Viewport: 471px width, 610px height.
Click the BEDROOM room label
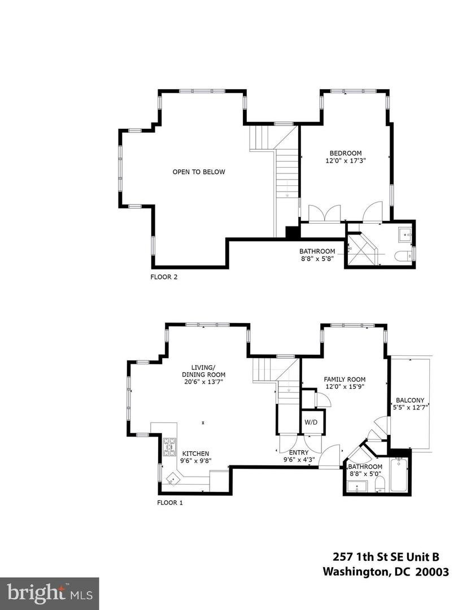coord(346,153)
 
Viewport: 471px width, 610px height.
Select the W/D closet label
coord(311,422)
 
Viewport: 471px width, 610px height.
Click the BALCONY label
coord(410,400)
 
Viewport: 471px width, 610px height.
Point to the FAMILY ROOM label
coord(344,380)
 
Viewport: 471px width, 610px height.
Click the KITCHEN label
coord(195,453)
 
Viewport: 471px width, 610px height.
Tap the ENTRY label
coord(299,452)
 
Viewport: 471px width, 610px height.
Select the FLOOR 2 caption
coord(164,277)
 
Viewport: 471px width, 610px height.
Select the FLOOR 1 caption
coord(169,502)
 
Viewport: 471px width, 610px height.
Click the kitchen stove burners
coord(169,446)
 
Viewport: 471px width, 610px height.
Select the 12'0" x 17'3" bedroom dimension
coord(346,160)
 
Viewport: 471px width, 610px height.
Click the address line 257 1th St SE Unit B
coord(390,556)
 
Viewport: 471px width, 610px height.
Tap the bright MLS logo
coord(49,593)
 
